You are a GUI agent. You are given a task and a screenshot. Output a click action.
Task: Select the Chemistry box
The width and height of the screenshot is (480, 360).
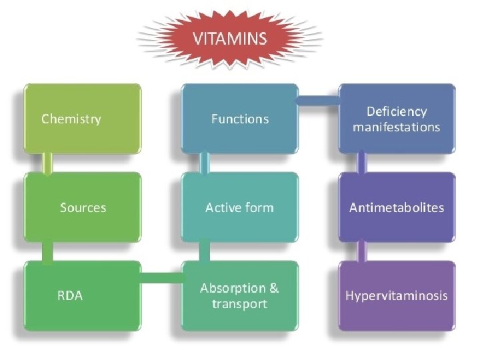[83, 119]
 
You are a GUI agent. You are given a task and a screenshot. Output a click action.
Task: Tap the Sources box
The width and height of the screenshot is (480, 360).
[83, 207]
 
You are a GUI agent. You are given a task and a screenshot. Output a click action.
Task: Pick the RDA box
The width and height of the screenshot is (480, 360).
[83, 295]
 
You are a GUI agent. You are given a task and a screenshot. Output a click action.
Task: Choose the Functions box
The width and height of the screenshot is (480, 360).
[240, 119]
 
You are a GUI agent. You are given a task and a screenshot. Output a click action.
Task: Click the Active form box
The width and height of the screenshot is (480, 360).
[240, 207]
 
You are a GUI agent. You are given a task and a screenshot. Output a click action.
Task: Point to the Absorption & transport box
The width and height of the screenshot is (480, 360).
[240, 295]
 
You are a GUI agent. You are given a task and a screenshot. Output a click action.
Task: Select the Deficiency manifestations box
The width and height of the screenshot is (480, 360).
[397, 119]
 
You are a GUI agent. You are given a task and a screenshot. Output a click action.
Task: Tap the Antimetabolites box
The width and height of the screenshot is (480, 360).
[397, 207]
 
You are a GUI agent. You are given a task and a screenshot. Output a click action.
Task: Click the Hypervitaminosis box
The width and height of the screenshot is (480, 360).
[397, 295]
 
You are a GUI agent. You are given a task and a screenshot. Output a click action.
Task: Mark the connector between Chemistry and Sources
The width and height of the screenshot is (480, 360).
[47, 163]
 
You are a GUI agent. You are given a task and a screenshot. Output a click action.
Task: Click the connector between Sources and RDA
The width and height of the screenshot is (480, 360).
[47, 251]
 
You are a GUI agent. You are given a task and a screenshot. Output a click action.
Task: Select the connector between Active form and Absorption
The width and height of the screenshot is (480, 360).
[205, 251]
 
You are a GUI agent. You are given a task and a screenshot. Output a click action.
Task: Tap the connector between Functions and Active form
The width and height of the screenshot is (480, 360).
[205, 163]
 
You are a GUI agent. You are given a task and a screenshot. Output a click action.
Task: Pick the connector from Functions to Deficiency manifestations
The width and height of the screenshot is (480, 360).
[318, 101]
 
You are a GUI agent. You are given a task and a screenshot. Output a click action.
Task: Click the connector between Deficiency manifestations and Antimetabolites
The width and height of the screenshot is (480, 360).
[362, 163]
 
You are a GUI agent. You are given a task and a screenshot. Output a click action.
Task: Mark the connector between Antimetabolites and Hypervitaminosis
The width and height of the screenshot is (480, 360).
[362, 251]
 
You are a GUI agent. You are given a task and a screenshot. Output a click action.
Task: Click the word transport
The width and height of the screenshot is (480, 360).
[239, 304]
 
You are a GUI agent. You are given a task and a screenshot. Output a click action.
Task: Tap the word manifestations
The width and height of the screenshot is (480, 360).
[397, 127]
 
